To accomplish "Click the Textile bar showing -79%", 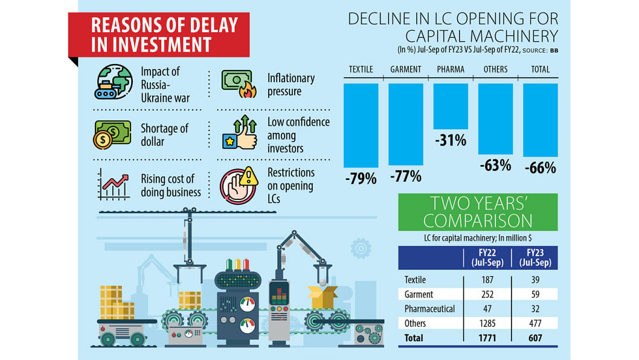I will pos(361,125).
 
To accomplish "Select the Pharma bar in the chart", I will pos(451,106).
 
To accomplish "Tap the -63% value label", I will pos(495,165).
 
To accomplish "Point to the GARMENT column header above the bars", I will pos(405,69).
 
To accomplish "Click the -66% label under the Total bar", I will pos(540,168).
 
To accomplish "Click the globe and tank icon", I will pos(114,82).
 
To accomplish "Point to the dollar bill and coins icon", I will pos(112,133).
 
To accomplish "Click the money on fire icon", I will pos(239,84).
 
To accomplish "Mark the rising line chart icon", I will pos(114,185).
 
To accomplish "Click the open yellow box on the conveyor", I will pos(323,296).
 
